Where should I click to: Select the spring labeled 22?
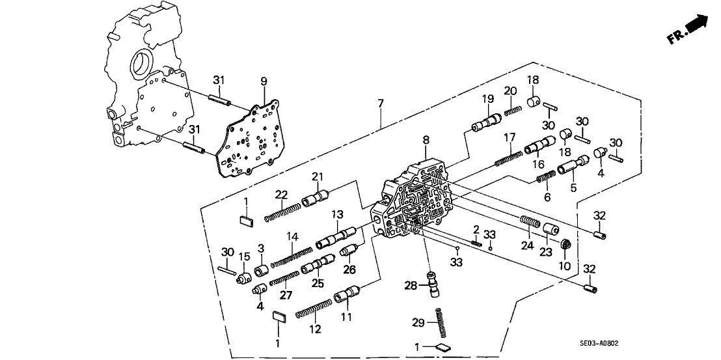tap(282, 212)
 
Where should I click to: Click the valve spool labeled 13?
tap(336, 237)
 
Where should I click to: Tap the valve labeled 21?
tap(316, 196)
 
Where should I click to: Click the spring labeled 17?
tap(508, 159)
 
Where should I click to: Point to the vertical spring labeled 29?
tap(440, 322)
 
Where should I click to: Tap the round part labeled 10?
tap(565, 247)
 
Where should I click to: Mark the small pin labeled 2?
tap(476, 243)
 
